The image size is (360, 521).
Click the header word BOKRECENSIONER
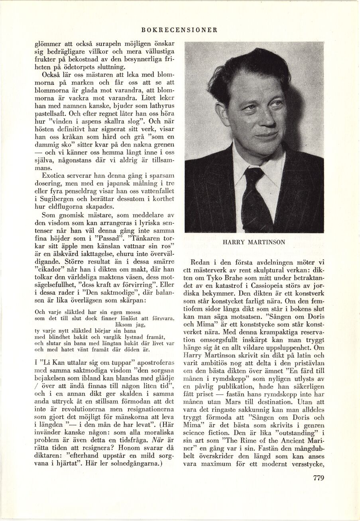[179, 29]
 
